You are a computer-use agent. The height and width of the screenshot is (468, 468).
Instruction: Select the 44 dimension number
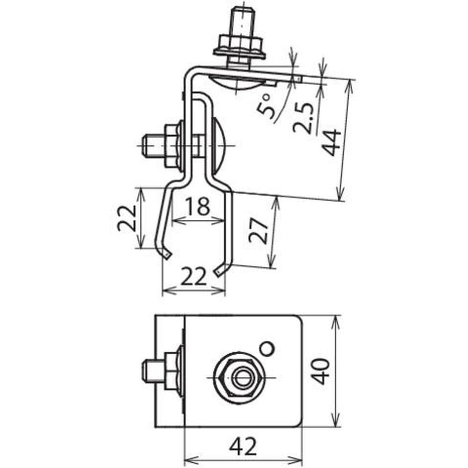coord(332,142)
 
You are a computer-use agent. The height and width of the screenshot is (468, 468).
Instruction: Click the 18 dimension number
coord(197,205)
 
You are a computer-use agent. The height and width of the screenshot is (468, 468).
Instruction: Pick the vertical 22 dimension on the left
coord(127,218)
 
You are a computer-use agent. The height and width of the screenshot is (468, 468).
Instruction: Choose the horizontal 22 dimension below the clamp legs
coord(194,276)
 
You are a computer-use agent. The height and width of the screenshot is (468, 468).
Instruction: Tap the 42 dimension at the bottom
coord(243,446)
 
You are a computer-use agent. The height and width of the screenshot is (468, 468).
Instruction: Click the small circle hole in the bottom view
coord(267,348)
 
